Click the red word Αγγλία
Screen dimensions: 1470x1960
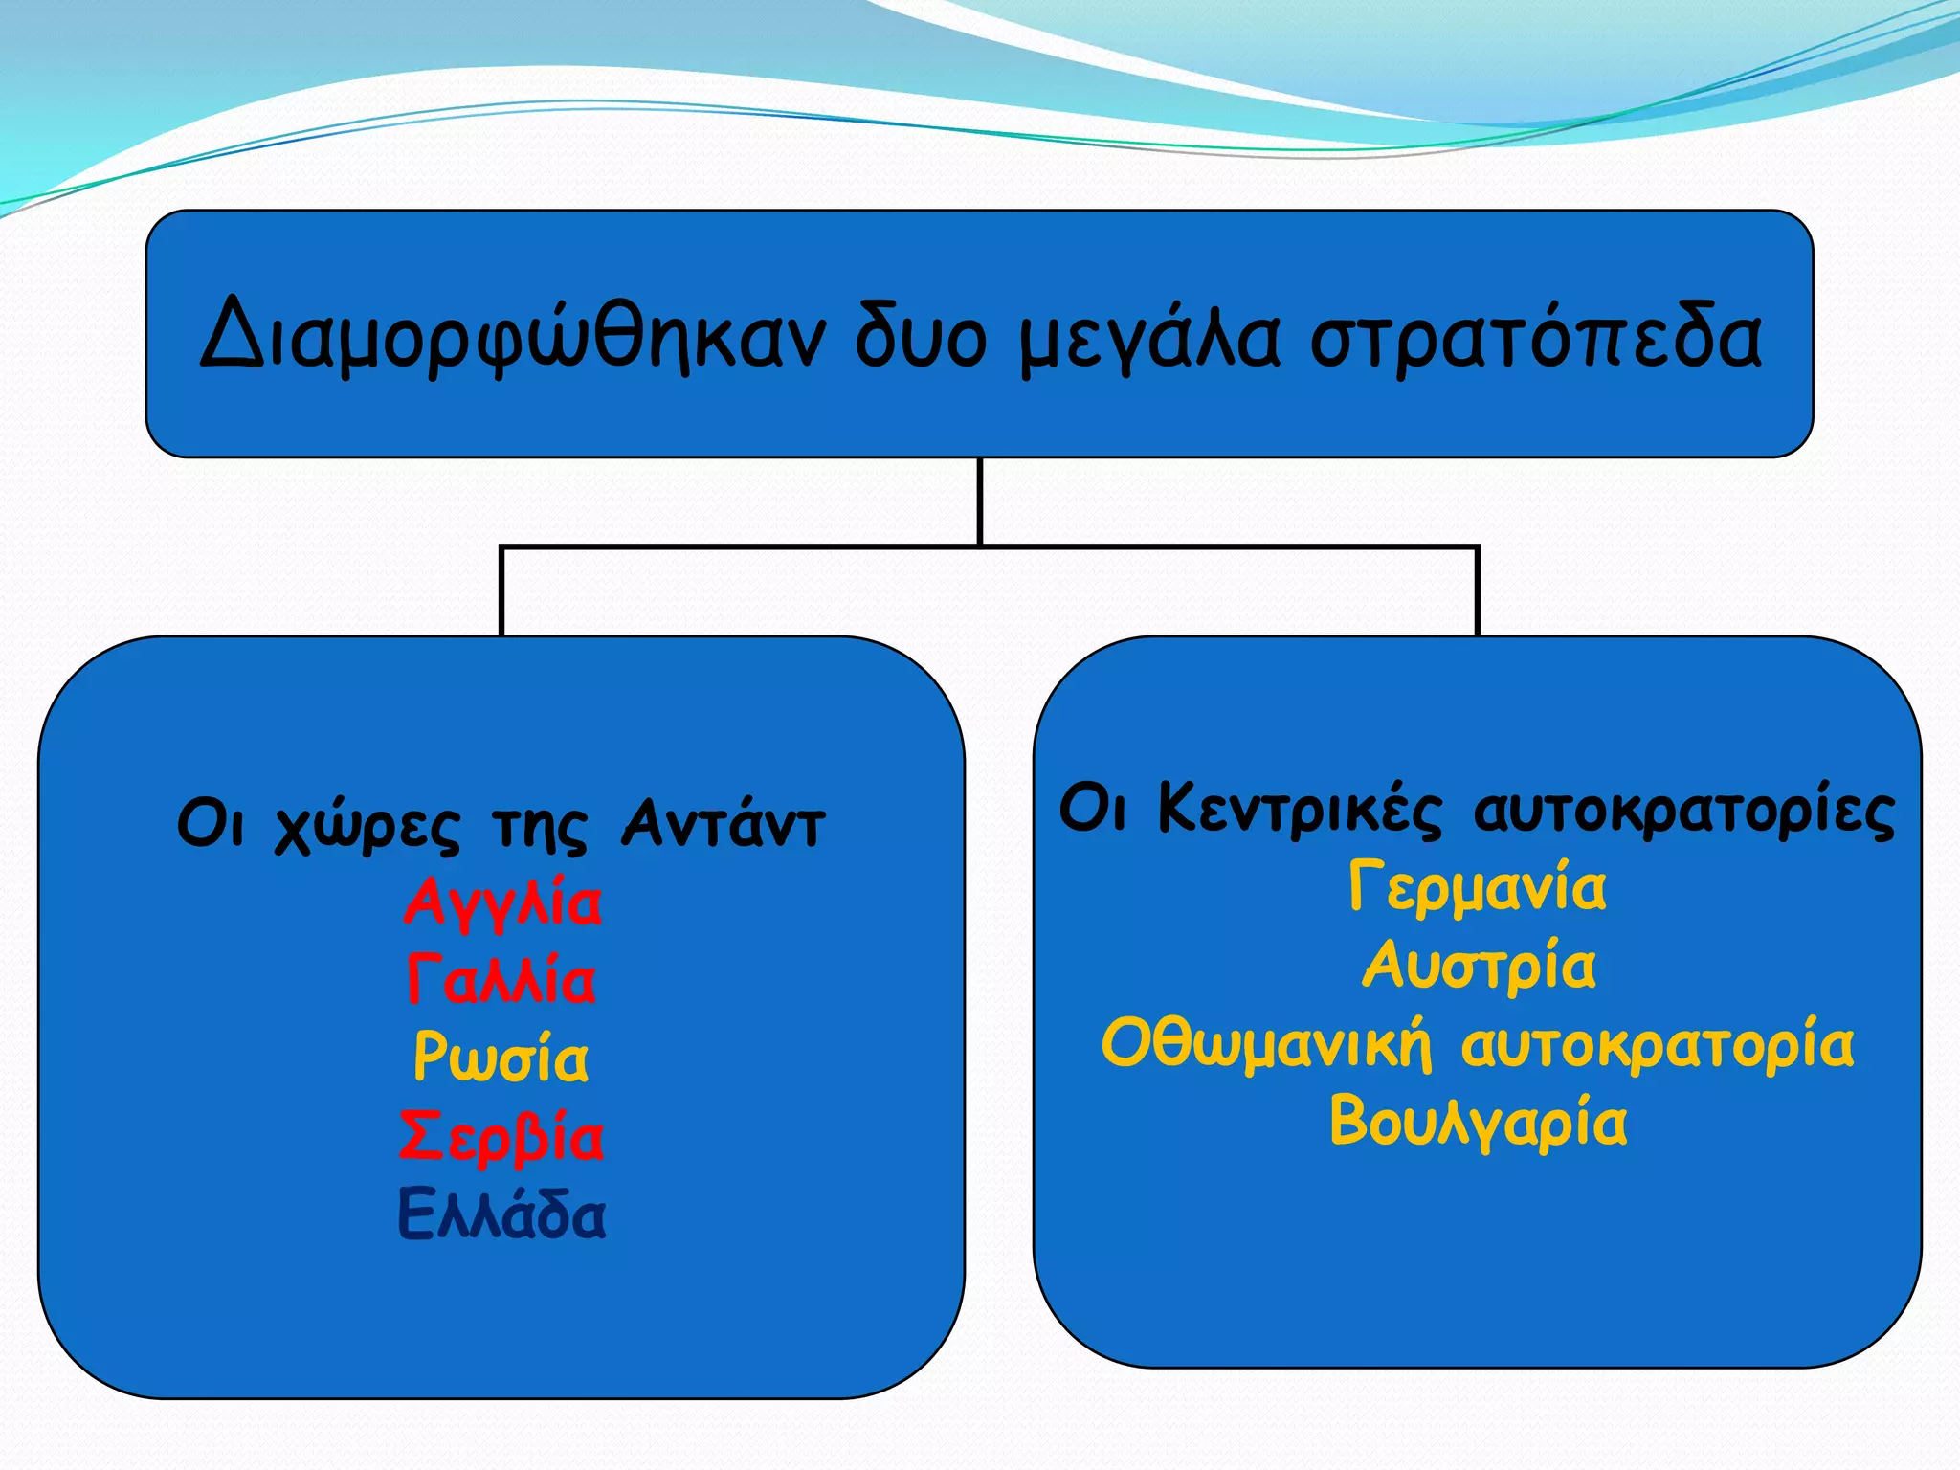pyautogui.click(x=502, y=903)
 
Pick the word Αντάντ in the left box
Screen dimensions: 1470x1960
pyautogui.click(x=723, y=823)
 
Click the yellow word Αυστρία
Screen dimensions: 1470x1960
pyautogui.click(x=1479, y=966)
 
